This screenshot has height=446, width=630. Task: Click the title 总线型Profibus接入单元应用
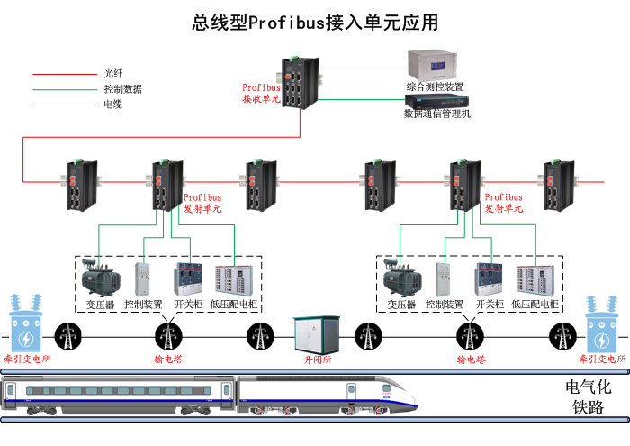(x=315, y=23)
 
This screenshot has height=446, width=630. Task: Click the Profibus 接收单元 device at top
(x=295, y=82)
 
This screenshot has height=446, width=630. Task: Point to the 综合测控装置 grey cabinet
(x=434, y=65)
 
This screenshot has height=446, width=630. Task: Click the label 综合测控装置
(x=434, y=86)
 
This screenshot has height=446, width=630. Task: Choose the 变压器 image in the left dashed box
(x=99, y=278)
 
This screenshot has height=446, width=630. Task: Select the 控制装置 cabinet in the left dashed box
(x=143, y=279)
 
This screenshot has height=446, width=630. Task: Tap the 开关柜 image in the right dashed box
(x=490, y=279)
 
